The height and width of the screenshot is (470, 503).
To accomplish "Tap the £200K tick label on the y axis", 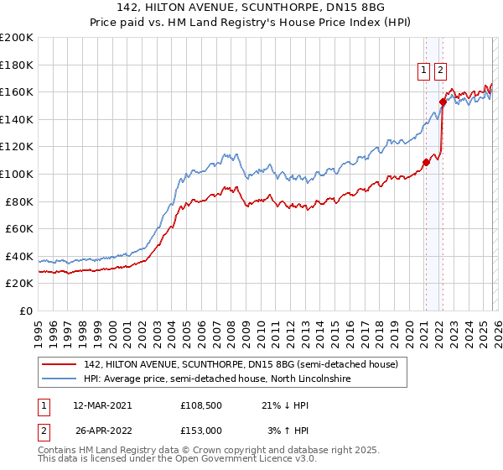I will click(x=17, y=38).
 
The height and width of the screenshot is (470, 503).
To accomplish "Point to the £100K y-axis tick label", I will click(x=17, y=174).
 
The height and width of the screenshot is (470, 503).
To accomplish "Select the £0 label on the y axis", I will click(x=25, y=311).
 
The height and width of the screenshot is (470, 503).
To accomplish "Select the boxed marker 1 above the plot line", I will click(x=424, y=71).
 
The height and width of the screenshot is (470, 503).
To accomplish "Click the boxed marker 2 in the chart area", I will click(x=440, y=71).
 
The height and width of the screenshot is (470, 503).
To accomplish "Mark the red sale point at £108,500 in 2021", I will click(x=426, y=162).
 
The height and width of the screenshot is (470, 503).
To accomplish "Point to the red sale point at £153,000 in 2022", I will click(x=442, y=102).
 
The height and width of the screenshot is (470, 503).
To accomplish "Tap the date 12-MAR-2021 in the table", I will click(x=102, y=405).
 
